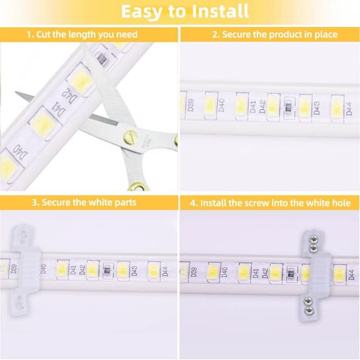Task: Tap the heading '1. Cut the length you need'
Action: point(82,34)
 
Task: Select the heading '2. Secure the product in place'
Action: point(274,34)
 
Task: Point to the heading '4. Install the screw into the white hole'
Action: point(270,202)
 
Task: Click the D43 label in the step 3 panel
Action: point(134,271)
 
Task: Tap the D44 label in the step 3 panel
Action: point(165,271)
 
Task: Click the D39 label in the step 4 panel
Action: point(194,272)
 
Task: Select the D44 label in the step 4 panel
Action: point(350,274)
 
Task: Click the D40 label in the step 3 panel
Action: point(44,269)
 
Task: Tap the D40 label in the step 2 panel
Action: point(221,105)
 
